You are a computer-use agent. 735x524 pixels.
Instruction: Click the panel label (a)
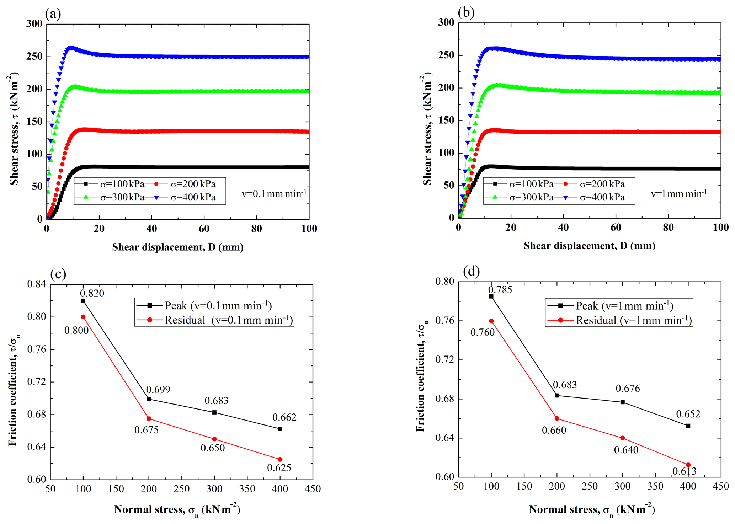click(x=53, y=14)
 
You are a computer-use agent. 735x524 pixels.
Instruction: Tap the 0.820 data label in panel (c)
click(x=92, y=293)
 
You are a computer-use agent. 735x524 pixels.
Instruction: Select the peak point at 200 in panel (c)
click(x=149, y=399)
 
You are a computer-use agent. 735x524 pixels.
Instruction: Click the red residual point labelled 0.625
click(x=280, y=459)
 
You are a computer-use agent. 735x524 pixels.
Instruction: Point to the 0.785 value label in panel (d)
click(x=500, y=290)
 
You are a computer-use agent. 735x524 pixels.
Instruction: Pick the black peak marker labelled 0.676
click(x=623, y=402)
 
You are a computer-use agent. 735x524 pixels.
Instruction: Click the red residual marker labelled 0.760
click(x=491, y=321)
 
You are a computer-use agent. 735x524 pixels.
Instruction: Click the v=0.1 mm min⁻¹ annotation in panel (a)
click(x=274, y=194)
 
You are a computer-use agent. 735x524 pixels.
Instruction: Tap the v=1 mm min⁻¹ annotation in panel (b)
click(x=679, y=194)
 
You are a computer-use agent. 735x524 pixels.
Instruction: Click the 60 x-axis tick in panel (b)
click(x=616, y=228)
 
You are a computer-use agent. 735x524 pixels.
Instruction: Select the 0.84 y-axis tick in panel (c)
click(x=37, y=284)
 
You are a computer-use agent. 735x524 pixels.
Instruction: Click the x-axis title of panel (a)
click(x=178, y=247)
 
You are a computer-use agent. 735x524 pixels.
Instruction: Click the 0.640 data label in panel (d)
click(x=626, y=450)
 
